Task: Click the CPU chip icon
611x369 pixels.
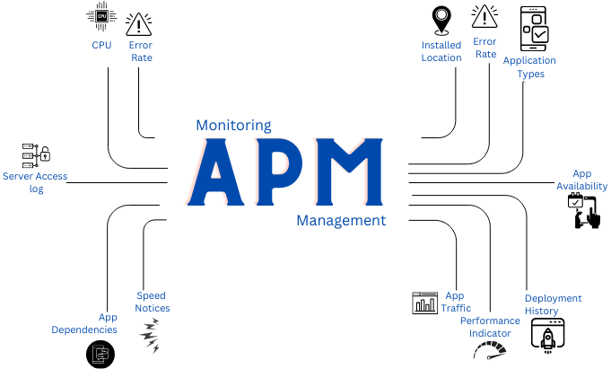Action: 100,16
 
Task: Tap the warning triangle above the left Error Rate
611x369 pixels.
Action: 140,23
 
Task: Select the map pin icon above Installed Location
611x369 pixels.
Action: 441,20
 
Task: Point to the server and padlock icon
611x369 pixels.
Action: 35,154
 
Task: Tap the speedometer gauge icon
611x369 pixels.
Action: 490,349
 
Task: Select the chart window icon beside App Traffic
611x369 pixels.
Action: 424,303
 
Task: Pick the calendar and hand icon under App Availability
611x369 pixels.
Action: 583,212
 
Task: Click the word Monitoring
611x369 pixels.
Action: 233,126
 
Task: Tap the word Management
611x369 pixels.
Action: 341,220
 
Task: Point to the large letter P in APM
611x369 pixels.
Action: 281,172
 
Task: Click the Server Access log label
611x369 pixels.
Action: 35,182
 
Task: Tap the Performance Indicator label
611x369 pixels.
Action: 490,327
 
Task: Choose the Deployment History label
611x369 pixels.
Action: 553,304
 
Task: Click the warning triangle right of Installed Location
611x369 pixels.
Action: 484,17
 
